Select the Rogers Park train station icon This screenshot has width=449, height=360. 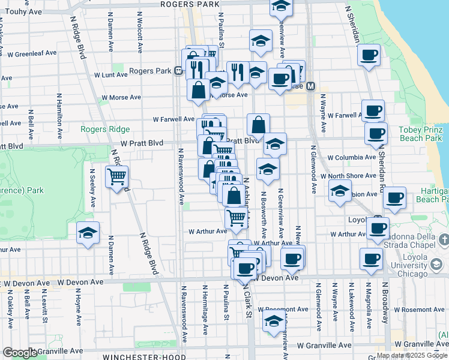179,71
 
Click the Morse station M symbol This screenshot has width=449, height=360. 311,86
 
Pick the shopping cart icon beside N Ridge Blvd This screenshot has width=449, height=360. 116,177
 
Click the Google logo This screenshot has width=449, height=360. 20,353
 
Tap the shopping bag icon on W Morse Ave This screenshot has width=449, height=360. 198,89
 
